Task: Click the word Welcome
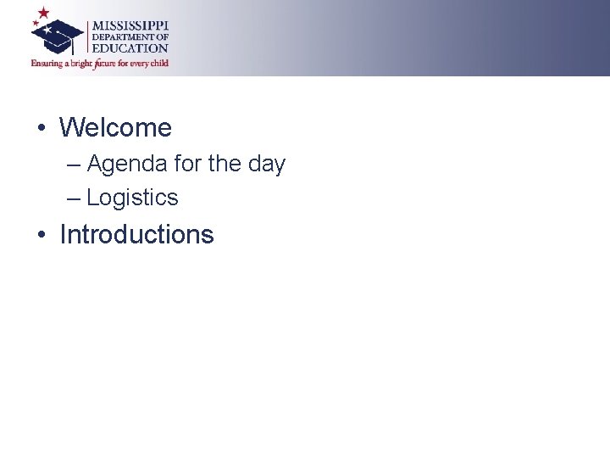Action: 115,128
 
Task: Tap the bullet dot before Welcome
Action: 41,129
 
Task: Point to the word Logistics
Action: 132,198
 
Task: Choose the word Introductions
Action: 136,234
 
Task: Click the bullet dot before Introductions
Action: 41,235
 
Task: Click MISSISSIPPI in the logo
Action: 130,26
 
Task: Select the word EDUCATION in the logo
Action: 130,48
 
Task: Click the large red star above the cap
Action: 43,14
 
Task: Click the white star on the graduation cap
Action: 48,31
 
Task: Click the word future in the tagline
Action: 106,64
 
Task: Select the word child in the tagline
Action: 158,63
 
